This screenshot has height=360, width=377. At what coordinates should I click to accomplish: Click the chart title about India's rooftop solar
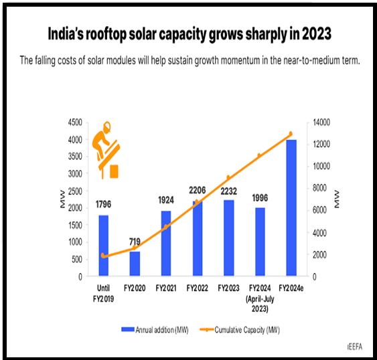(190, 34)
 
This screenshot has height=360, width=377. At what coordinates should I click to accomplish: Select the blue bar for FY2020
(135, 264)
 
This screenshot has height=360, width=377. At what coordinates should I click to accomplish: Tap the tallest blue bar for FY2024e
(291, 207)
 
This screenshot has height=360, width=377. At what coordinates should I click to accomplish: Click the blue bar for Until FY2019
(103, 246)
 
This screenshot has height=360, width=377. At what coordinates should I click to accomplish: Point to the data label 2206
(197, 190)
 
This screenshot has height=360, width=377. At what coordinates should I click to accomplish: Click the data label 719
(135, 242)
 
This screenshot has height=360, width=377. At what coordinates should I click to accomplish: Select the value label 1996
(260, 198)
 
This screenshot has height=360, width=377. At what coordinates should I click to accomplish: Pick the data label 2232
(228, 191)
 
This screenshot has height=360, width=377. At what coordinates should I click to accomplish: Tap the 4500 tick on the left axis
(75, 122)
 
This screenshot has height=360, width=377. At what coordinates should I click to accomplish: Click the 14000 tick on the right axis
(321, 122)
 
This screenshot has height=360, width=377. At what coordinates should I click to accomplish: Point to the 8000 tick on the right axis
(320, 188)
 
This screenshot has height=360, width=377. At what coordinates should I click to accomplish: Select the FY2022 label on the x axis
(197, 288)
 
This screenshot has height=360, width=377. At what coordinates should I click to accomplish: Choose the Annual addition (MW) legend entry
(155, 330)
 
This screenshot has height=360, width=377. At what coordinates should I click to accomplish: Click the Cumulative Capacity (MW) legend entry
(240, 330)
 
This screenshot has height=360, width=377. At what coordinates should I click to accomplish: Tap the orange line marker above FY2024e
(291, 134)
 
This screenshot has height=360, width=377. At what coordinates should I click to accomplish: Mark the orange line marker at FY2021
(165, 227)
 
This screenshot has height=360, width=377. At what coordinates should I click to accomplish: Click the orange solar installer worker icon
(106, 150)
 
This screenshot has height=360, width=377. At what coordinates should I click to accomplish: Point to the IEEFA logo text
(355, 347)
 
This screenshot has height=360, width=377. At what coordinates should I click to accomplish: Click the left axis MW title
(62, 199)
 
